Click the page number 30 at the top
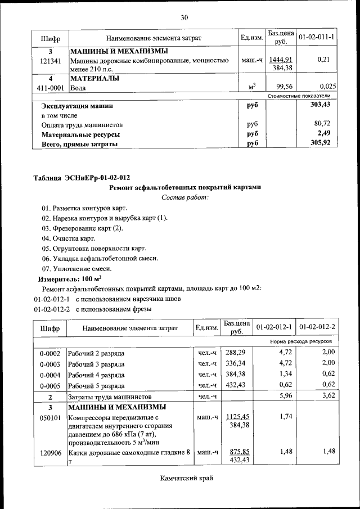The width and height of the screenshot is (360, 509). point(184,17)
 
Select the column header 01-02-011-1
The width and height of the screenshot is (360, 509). point(316,37)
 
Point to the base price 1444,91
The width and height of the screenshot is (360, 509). point(281,60)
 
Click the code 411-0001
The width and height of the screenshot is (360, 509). point(51,87)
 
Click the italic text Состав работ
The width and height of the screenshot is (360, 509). point(185,197)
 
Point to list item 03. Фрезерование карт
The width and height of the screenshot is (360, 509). point(82,228)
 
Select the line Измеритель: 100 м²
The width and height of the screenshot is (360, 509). point(69,278)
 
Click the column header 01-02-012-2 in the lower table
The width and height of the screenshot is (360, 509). point(317,327)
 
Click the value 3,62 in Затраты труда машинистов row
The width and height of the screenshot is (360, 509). point(327,396)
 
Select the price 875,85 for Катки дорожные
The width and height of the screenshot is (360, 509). point(236,451)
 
